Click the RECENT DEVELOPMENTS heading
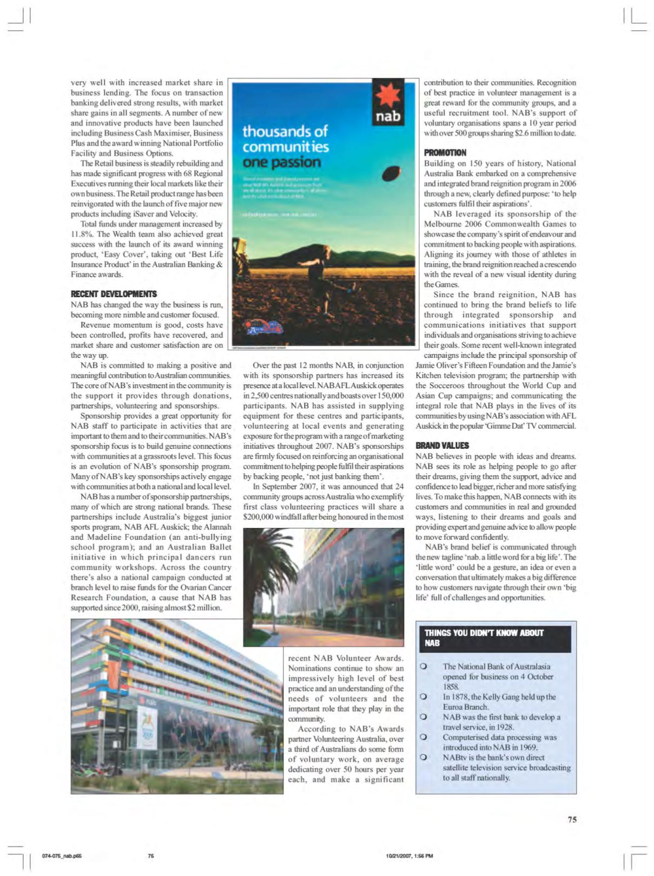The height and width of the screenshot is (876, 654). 114,294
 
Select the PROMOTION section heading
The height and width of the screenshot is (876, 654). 445,153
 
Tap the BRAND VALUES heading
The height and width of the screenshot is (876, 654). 442,446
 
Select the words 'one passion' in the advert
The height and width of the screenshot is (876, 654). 281,162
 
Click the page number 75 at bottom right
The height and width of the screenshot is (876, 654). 572,819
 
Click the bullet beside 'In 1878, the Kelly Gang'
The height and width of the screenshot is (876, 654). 425,697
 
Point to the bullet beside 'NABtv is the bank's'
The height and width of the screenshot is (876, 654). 425,757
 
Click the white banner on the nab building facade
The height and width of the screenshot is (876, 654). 147,729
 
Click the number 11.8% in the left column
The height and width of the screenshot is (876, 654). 80,234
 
